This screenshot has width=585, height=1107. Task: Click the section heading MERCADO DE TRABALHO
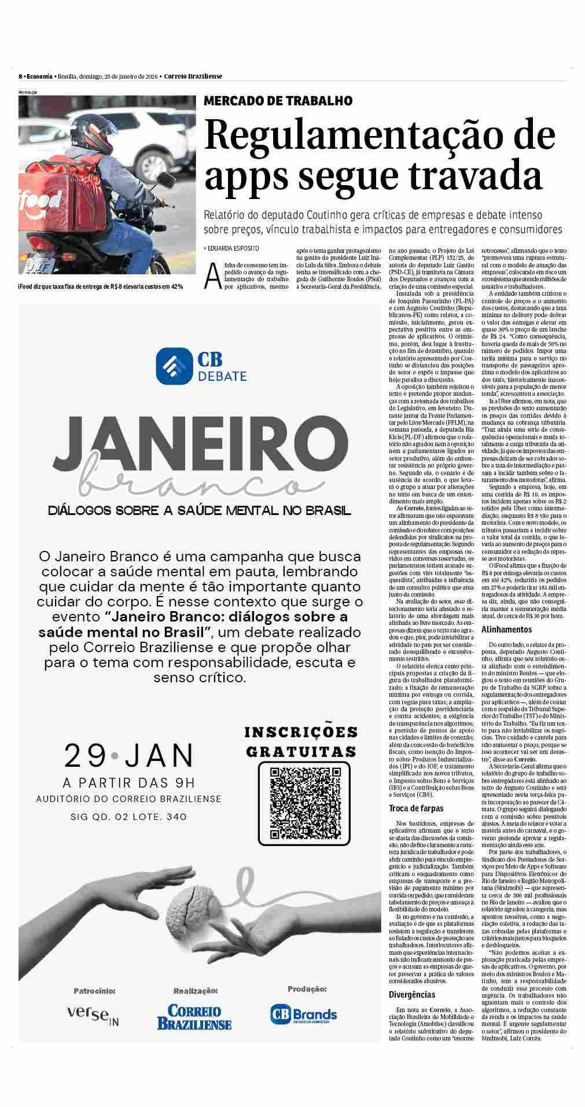click(278, 101)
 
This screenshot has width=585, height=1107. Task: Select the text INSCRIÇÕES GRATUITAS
click(301, 742)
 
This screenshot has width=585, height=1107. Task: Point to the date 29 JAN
click(129, 755)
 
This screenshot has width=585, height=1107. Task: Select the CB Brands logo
click(304, 1014)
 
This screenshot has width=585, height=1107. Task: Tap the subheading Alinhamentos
click(506, 628)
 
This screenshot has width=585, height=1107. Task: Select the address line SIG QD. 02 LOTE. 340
click(129, 817)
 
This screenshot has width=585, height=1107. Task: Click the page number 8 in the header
click(20, 76)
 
